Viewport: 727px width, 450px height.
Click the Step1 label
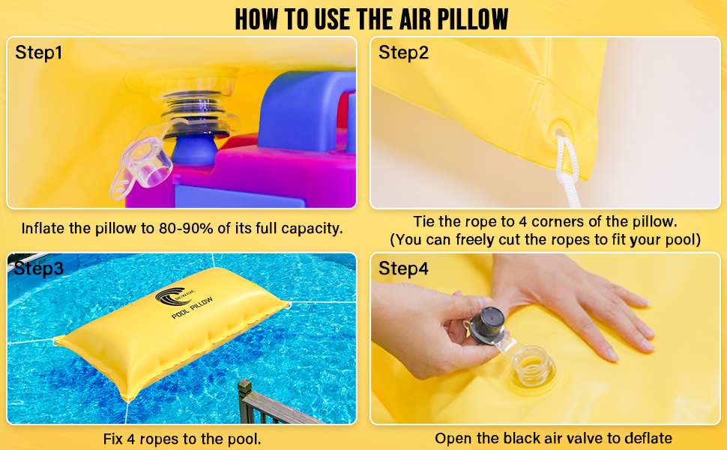pyautogui.click(x=40, y=53)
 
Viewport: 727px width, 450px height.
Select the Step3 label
pyautogui.click(x=39, y=269)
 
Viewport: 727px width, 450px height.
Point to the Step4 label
pyautogui.click(x=404, y=268)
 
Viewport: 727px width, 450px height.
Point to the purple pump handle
pyautogui.click(x=315, y=112)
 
